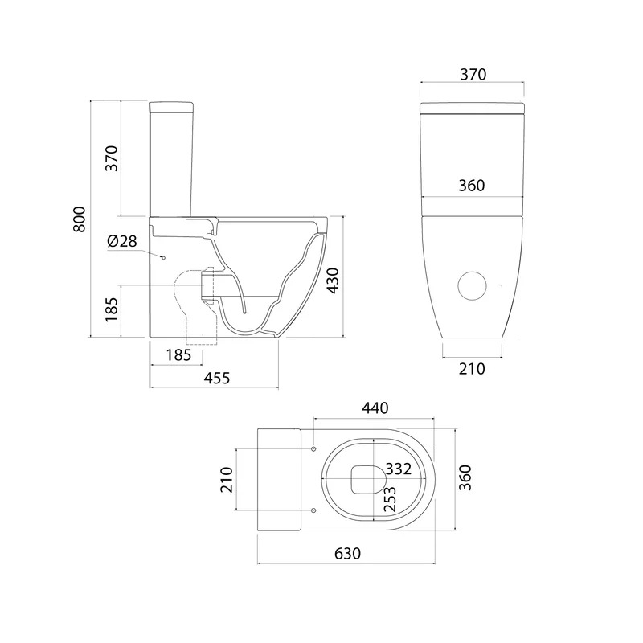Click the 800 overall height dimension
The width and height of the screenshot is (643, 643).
[x=80, y=219]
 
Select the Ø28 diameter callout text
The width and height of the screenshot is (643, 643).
[x=122, y=241]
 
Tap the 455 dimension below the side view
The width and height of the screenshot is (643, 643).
[x=217, y=378]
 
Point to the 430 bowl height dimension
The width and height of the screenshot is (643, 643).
[x=333, y=281]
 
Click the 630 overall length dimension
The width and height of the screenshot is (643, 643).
[x=348, y=553]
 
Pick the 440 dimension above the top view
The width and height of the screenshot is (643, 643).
[x=375, y=408]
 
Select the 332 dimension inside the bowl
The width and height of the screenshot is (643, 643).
[x=398, y=469]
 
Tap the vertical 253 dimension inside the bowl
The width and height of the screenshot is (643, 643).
[x=390, y=499]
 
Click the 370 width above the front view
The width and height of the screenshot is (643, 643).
[x=473, y=75]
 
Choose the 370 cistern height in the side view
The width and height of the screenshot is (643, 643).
[x=112, y=158]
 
